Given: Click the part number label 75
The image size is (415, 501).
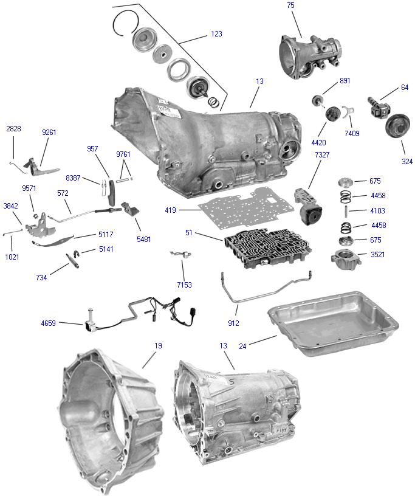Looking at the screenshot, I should (x=290, y=5).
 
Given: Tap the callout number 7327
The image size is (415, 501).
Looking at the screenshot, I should (x=323, y=155).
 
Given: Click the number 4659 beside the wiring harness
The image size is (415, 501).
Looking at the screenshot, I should (x=48, y=323).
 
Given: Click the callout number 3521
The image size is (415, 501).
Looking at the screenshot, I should (x=377, y=255).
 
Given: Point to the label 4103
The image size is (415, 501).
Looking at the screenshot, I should (x=377, y=211).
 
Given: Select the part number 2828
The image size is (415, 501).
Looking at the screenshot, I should (x=14, y=129).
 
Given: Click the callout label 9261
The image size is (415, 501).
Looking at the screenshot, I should (x=50, y=132).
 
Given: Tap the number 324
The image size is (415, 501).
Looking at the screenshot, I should (x=406, y=162).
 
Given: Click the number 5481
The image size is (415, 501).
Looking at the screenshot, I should (x=143, y=240).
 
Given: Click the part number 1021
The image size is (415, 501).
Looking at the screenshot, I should (x=12, y=257).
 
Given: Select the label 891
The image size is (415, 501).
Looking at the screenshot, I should (x=345, y=80).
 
